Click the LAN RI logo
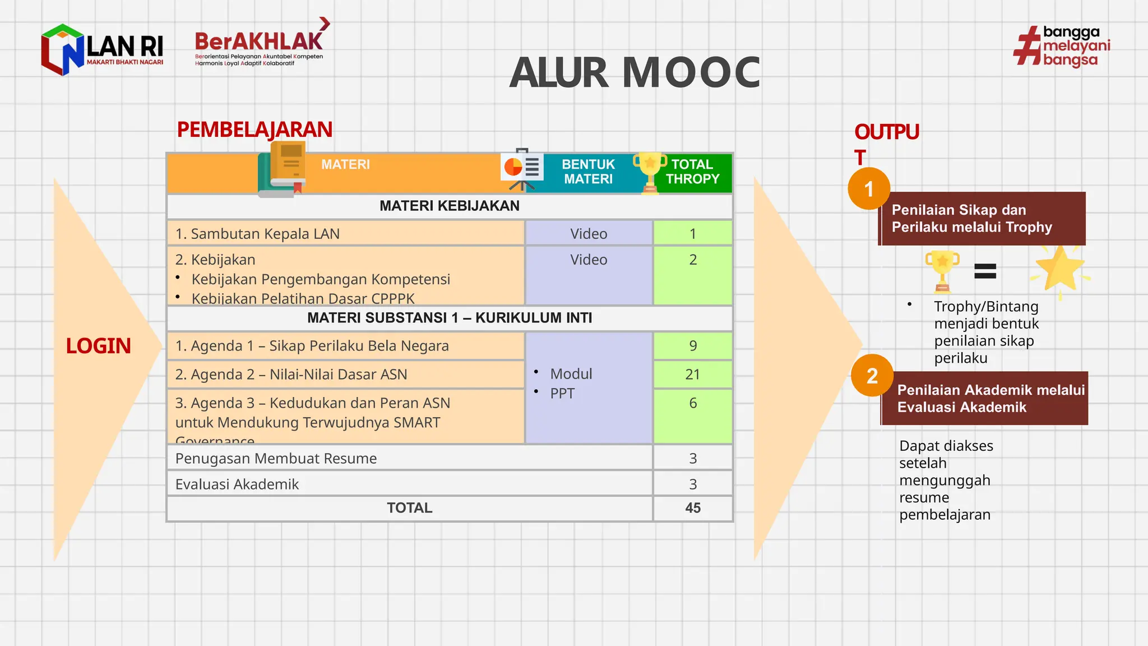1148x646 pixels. point(102,49)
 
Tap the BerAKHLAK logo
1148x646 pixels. point(260,45)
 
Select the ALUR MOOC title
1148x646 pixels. point(635,73)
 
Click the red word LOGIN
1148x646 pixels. point(98,346)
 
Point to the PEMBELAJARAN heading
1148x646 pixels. point(254,130)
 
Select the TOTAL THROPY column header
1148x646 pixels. point(692,172)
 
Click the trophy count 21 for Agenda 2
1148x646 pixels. point(692,374)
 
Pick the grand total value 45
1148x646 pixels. point(692,508)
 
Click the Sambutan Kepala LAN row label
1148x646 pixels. point(257,234)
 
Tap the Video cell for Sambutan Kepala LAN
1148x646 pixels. point(589,234)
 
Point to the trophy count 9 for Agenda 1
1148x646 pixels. point(693,345)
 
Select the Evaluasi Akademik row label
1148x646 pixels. point(237,484)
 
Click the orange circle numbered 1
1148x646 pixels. point(869,189)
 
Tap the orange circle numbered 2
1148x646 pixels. point(872,376)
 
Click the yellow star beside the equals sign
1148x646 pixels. point(1060,269)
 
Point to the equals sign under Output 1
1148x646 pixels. point(985,271)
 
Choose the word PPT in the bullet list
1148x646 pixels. point(562,393)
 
